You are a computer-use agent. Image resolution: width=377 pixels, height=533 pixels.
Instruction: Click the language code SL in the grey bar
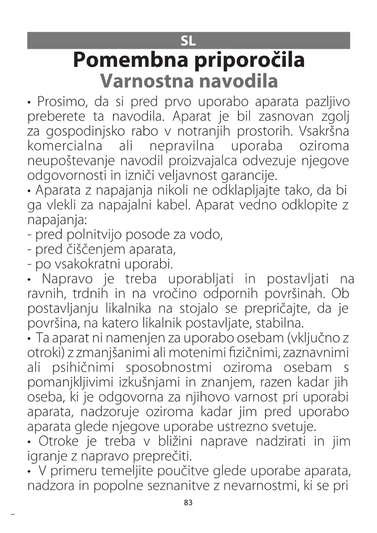[188, 41]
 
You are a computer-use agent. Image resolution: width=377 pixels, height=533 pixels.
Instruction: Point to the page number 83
[188, 503]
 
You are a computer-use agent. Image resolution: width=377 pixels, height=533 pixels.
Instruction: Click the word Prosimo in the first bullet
[63, 102]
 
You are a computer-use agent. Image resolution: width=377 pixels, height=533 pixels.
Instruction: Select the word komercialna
[65, 146]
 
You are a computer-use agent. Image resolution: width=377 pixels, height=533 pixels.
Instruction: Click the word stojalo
[199, 309]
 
